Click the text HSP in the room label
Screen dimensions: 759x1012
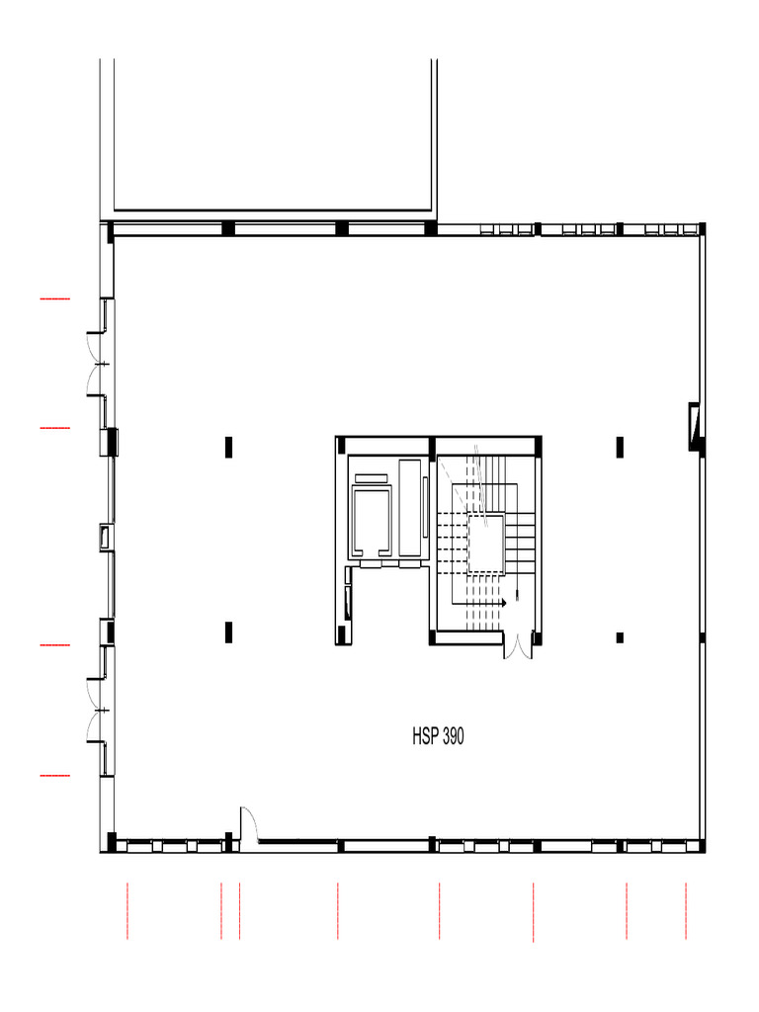click(x=425, y=736)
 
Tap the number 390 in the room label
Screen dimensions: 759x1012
click(x=453, y=736)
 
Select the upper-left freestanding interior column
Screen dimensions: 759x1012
click(x=228, y=447)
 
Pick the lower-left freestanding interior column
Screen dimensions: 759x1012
click(x=228, y=632)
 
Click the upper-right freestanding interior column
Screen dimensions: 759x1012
click(x=620, y=447)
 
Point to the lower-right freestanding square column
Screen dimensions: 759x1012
click(x=620, y=637)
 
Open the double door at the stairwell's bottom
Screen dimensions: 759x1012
click(x=518, y=645)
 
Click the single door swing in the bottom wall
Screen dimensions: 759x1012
click(x=249, y=824)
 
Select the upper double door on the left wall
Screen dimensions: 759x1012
click(x=97, y=364)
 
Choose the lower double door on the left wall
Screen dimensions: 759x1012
click(x=97, y=710)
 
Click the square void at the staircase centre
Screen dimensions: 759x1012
click(x=485, y=544)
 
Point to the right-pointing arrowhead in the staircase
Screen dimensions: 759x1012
click(x=503, y=603)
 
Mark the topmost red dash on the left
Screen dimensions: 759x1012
click(x=55, y=298)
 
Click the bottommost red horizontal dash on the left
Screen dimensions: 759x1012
click(x=55, y=775)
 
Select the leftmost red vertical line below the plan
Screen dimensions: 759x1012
click(x=127, y=910)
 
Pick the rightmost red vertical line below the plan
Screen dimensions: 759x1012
click(x=686, y=910)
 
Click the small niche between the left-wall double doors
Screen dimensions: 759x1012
click(x=106, y=538)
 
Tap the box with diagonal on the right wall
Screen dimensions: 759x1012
click(x=694, y=426)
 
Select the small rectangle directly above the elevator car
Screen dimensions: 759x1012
click(x=372, y=478)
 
